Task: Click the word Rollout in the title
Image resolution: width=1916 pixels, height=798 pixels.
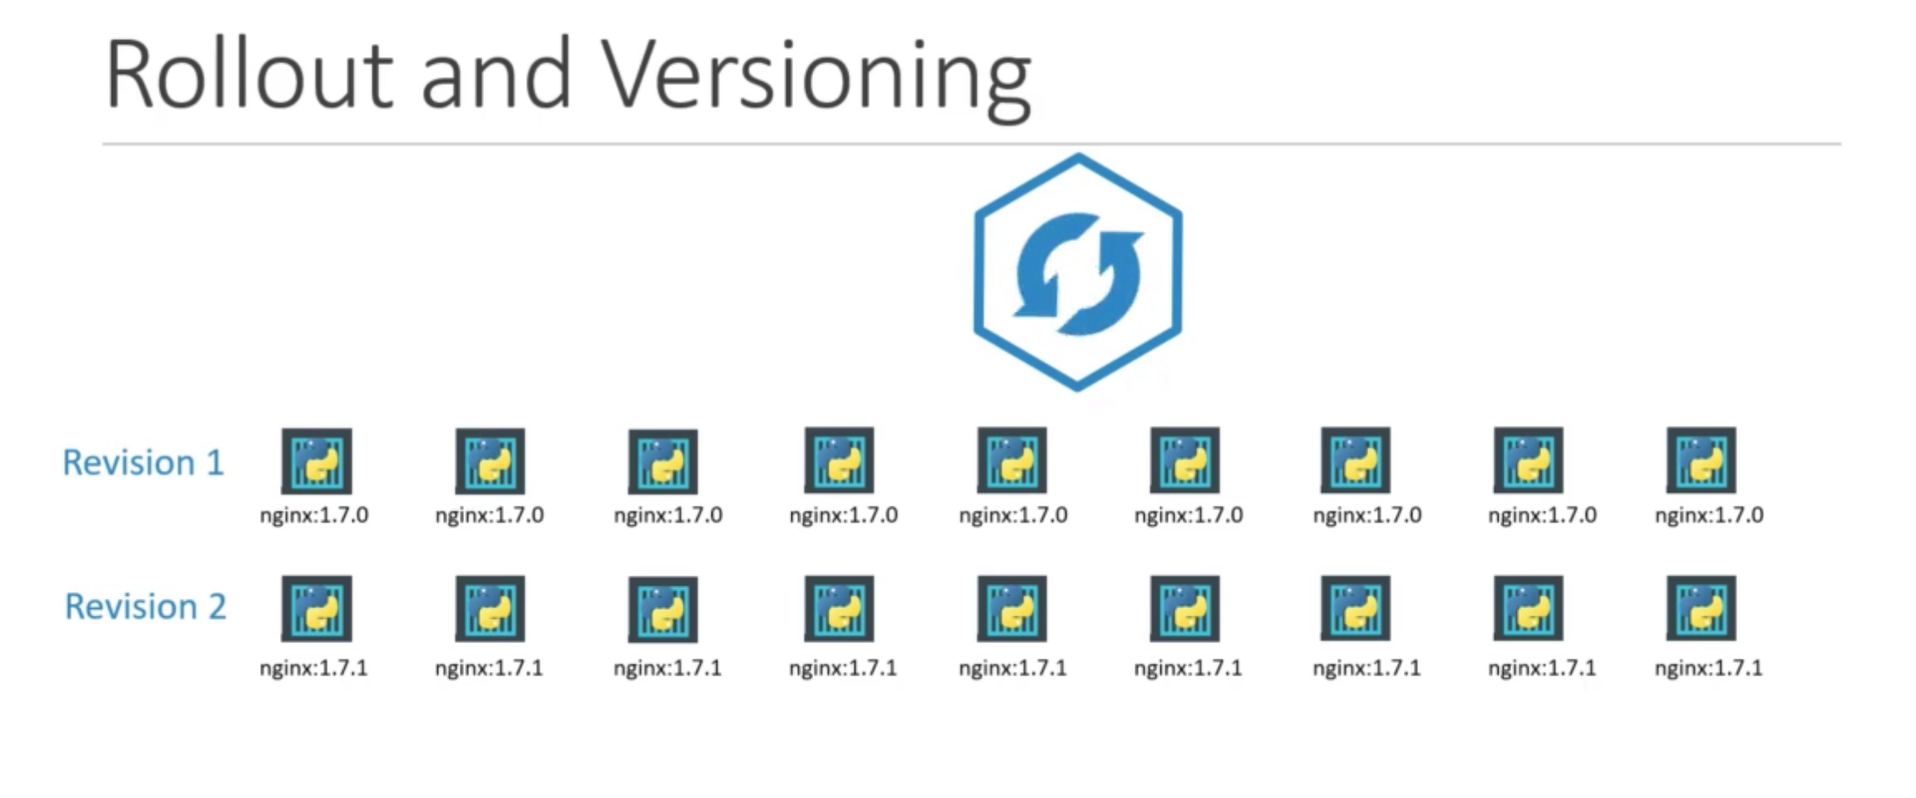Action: point(248,75)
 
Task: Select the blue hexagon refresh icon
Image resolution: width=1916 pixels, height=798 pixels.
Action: point(1078,272)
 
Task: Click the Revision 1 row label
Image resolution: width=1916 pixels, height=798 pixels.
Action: point(143,462)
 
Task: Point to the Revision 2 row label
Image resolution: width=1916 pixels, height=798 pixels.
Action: point(145,606)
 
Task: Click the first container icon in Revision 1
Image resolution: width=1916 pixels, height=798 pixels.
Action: point(317,461)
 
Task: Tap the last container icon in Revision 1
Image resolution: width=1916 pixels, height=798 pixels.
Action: point(1701,461)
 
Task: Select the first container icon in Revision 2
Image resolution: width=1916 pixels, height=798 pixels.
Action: point(317,609)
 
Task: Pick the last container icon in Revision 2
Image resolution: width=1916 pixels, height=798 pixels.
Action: point(1701,608)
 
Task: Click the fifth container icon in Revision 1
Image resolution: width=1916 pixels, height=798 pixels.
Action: point(1012,461)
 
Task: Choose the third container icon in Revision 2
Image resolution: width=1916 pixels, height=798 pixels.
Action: point(663,610)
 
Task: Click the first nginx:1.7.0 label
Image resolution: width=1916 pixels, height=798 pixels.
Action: point(314,515)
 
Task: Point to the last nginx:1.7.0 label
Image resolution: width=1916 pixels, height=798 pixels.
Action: point(1709,515)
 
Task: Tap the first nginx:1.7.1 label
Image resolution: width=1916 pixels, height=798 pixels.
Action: point(313,668)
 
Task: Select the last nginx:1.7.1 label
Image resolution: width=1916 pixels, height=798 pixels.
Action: point(1709,668)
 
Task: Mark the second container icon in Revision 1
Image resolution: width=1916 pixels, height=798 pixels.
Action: point(490,461)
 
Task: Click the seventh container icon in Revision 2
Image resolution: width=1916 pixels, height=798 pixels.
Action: point(1355,608)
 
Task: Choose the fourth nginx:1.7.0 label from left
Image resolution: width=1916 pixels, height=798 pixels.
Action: point(843,515)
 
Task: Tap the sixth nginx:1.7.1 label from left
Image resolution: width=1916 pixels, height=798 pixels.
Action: point(1188,668)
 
